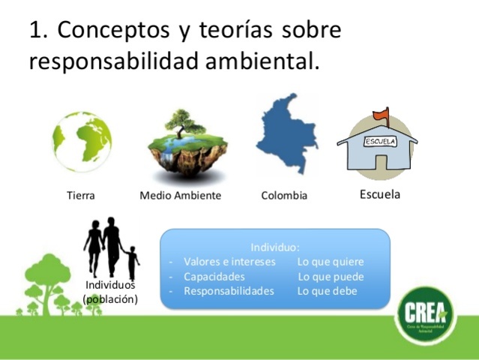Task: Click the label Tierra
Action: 81,196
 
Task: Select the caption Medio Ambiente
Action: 181,196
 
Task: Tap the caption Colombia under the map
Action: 284,196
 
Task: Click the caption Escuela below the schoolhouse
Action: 380,194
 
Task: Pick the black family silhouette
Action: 110,248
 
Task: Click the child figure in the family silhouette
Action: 133,262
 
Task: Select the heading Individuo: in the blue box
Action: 275,247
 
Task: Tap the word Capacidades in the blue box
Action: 214,277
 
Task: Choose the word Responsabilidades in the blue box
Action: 229,291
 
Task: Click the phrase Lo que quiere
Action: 331,262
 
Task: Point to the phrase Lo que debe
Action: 328,291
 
